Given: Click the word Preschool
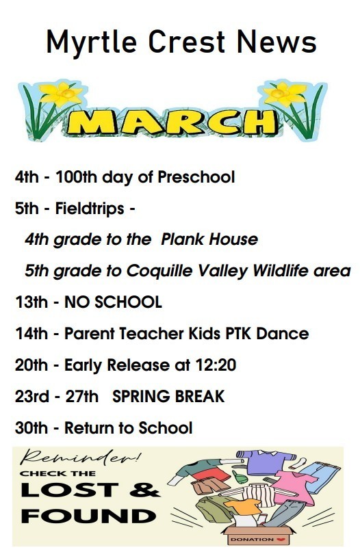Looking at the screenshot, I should (196, 178).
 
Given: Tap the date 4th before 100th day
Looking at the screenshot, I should (27, 178).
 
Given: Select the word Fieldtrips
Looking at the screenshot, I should (96, 209).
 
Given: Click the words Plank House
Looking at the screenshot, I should (209, 239).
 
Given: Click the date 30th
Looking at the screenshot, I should (31, 428).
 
